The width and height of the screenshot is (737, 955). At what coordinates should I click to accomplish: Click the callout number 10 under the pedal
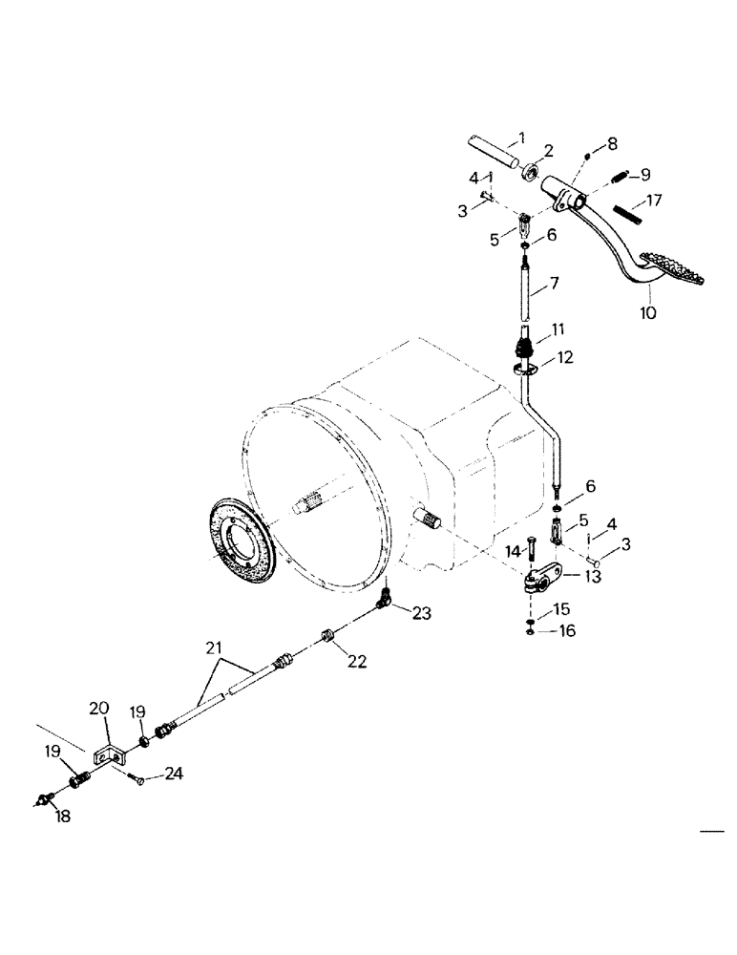tap(648, 312)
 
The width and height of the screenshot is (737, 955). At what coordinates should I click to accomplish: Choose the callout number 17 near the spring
tap(653, 202)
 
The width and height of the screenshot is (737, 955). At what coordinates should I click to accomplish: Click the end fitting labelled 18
tap(44, 800)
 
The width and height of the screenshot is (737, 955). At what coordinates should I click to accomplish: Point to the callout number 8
tap(612, 143)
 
